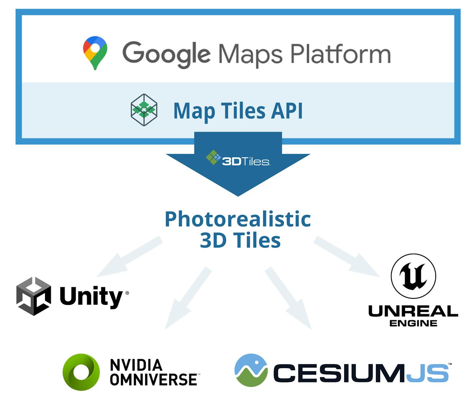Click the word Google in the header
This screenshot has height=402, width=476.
pyautogui.click(x=166, y=54)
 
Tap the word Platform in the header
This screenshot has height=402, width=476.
pyautogui.click(x=340, y=54)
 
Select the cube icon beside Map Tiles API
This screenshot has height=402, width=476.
pyautogui.click(x=144, y=110)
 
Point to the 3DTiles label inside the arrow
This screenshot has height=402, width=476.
pyautogui.click(x=246, y=161)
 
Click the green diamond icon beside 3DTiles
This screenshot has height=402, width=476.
pyautogui.click(x=213, y=157)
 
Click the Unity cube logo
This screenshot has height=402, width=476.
pyautogui.click(x=33, y=296)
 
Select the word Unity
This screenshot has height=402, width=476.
pyautogui.click(x=91, y=297)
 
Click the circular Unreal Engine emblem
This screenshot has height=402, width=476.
pyautogui.click(x=413, y=276)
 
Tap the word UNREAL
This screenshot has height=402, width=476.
pyautogui.click(x=413, y=311)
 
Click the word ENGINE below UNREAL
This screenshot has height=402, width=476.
pyautogui.click(x=413, y=323)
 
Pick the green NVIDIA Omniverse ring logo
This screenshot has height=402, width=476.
pyautogui.click(x=81, y=372)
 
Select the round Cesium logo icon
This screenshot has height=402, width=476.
pyautogui.click(x=251, y=370)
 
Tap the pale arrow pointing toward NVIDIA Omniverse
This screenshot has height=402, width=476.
pyautogui.click(x=187, y=299)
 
